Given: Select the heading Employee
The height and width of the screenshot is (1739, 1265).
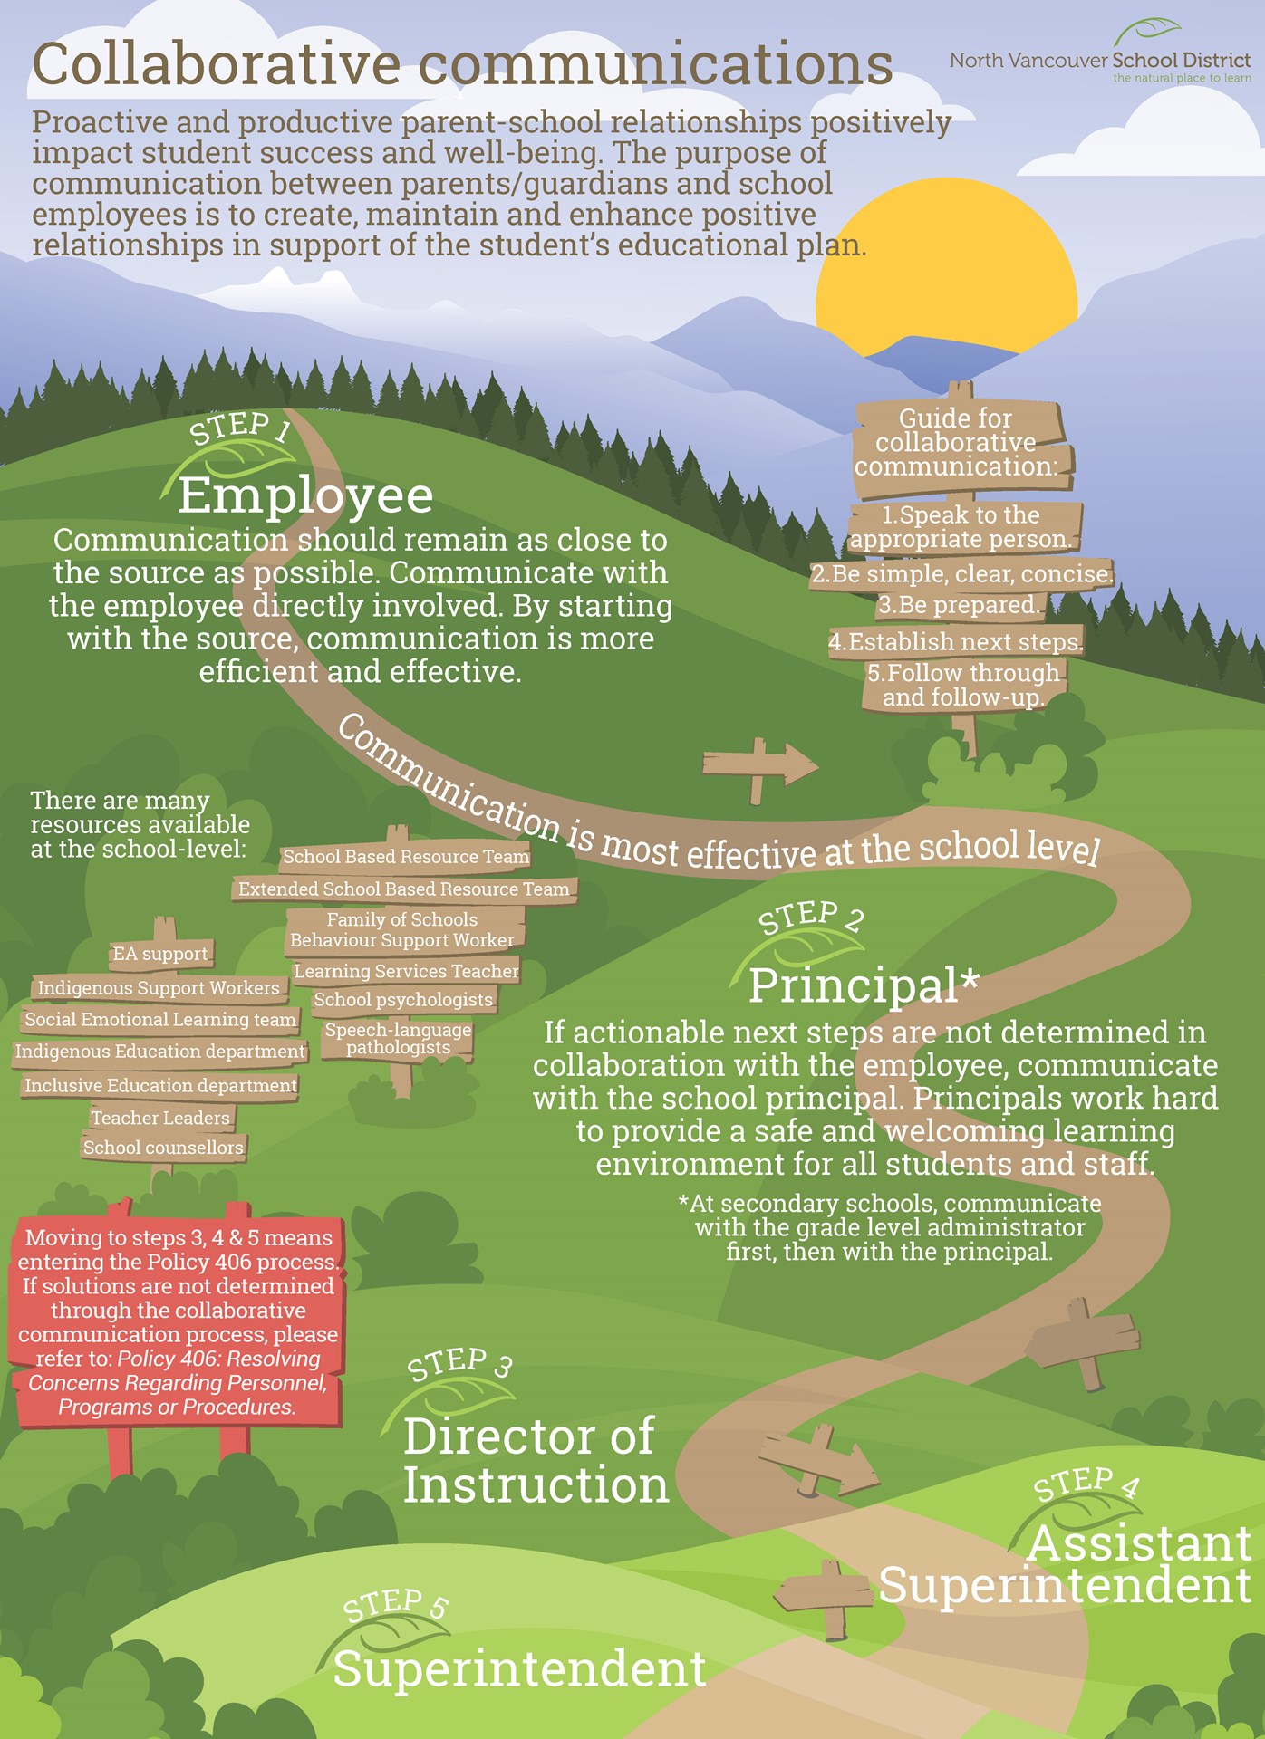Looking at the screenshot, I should [x=305, y=495].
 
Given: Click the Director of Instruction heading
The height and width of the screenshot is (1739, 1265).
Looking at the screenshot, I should [x=535, y=1461].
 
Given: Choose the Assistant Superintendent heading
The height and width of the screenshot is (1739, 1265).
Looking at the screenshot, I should [x=1066, y=1565].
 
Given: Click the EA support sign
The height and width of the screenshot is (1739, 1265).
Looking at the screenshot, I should [x=160, y=954].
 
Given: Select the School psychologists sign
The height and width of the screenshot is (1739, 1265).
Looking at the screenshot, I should [x=403, y=1000].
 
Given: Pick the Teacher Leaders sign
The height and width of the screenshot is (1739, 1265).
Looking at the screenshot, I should [x=160, y=1118].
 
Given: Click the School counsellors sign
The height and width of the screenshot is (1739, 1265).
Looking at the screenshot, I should [x=163, y=1148].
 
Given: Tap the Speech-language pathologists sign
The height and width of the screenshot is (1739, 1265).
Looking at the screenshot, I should [x=399, y=1039].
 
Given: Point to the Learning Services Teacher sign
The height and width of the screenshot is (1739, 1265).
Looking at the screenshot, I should [x=406, y=971].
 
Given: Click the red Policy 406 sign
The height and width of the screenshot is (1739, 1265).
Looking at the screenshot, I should [x=177, y=1321].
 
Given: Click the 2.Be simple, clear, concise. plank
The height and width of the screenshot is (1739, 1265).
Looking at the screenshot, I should [x=961, y=574].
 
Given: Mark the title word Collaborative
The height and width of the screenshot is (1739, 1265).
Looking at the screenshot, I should [x=216, y=65].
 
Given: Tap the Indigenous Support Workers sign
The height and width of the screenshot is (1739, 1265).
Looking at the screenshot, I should [x=159, y=988].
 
